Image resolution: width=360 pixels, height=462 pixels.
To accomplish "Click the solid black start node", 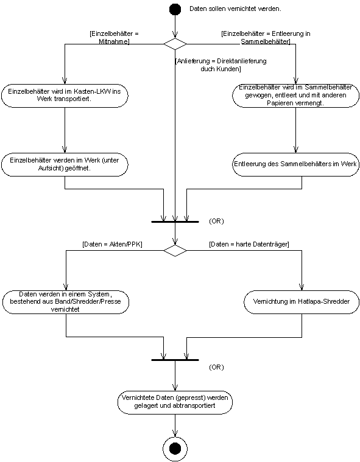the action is (175, 9).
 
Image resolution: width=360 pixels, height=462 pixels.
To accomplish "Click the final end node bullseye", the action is (175, 449).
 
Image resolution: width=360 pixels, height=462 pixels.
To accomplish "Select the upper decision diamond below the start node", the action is (175, 44).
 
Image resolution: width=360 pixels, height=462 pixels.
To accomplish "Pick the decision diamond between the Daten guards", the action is (175, 250).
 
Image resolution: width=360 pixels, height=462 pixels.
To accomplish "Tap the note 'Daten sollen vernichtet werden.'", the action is (235, 9).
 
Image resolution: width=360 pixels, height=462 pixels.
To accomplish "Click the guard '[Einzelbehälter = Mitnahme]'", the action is (114, 37).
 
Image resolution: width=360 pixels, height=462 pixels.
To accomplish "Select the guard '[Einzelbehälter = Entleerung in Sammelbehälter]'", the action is (266, 37).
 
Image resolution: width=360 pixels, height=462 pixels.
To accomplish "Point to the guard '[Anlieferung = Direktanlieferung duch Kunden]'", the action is (221, 65).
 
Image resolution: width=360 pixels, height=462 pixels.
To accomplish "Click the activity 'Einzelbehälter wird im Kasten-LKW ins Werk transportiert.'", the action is (65, 96).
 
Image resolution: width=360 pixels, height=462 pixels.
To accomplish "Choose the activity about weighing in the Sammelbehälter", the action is (295, 96).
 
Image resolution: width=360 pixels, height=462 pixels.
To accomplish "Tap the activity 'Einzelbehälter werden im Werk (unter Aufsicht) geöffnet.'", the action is (65, 164).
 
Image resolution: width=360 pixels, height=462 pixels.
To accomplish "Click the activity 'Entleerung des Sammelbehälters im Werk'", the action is (295, 164).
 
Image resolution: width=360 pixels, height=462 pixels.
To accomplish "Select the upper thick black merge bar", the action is (175, 222).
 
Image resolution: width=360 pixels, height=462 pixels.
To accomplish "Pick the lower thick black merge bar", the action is (175, 360).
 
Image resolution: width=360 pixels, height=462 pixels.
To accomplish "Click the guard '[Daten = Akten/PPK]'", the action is (112, 244).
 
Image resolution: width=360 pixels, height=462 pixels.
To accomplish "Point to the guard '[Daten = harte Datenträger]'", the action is (249, 244).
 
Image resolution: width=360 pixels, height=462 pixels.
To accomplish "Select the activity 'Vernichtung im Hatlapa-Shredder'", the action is (302, 302).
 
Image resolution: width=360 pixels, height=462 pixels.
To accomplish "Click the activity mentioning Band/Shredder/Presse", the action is (66, 302).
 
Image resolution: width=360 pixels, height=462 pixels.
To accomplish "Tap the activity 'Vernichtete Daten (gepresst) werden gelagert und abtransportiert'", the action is (175, 402).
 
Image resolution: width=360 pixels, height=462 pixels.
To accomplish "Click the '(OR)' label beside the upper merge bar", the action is (216, 221).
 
